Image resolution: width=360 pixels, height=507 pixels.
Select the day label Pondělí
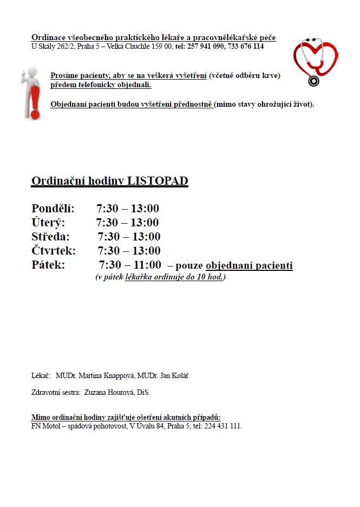(53, 209)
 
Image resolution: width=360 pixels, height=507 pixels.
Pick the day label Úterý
(48, 223)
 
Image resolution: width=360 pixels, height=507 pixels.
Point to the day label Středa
(50, 237)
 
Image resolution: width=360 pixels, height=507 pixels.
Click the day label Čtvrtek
(54, 251)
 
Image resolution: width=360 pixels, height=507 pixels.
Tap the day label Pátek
(48, 265)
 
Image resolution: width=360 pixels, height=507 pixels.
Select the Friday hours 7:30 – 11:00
(130, 265)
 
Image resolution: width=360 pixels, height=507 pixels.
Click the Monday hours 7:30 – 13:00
(128, 209)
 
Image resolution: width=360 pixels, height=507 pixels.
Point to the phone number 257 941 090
(205, 47)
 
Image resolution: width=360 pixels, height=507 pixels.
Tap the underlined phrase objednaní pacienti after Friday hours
(249, 265)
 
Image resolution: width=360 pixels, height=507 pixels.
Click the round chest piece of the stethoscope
(313, 81)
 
